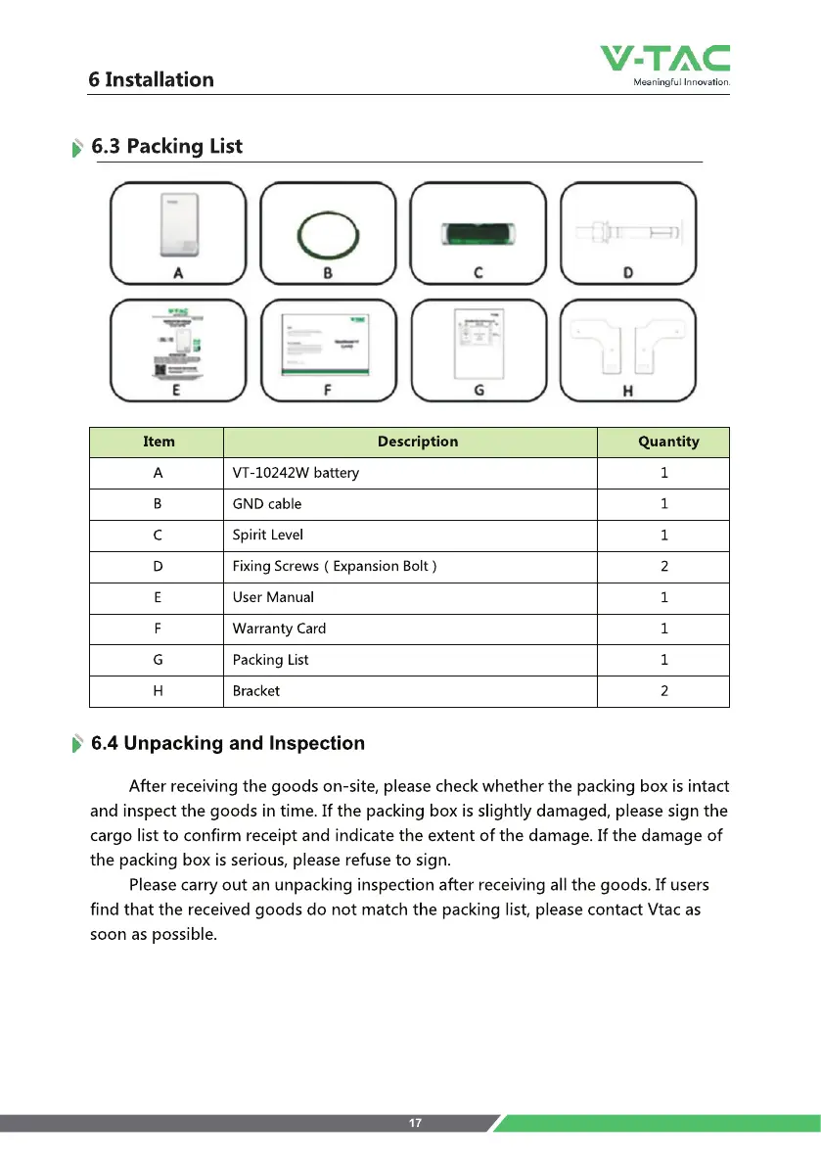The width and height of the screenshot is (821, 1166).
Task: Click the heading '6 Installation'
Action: point(151,79)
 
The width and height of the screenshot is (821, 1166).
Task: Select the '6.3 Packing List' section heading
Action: point(166,147)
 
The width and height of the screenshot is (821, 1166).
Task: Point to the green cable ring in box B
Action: point(328,235)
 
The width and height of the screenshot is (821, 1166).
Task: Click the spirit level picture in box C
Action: point(478,235)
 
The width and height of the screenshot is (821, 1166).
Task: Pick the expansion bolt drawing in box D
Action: point(626,236)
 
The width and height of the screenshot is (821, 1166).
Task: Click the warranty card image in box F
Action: point(328,344)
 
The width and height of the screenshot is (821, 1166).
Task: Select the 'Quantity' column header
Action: point(668,442)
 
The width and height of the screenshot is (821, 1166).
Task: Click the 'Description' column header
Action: point(418,442)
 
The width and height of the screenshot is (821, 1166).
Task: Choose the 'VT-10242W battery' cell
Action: point(296,473)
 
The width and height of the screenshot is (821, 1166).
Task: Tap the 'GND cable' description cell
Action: point(267,504)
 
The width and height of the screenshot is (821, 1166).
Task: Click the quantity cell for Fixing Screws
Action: point(664,567)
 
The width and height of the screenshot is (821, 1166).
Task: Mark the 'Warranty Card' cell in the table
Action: point(279,629)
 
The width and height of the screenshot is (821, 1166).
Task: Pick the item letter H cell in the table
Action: point(158,691)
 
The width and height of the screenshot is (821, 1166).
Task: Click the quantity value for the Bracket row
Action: point(664,691)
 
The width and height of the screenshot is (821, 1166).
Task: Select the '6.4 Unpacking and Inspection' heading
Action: point(227,743)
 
